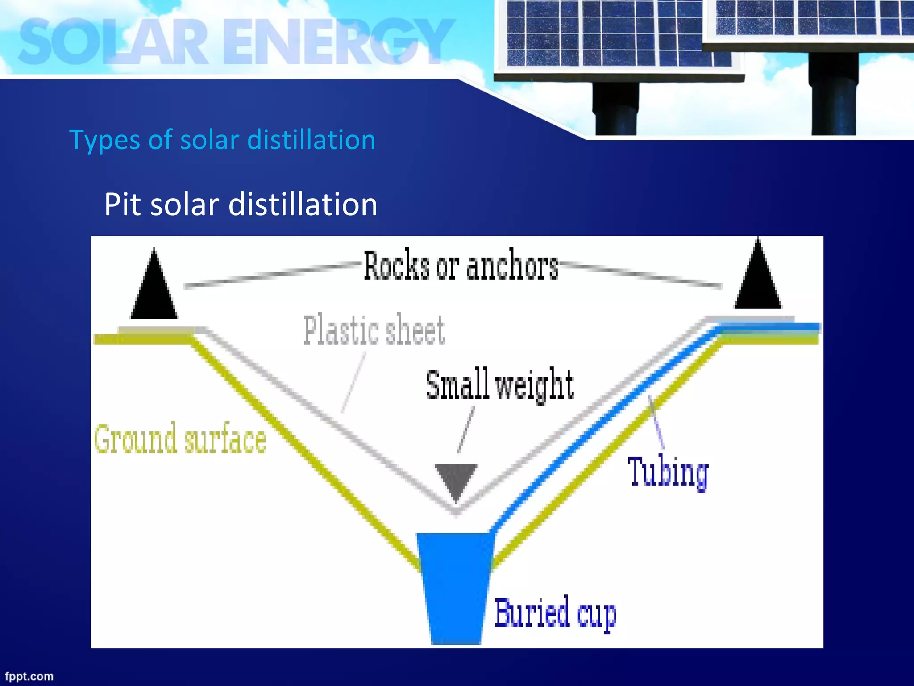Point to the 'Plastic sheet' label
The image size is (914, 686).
[374, 330]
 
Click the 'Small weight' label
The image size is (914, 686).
[500, 385]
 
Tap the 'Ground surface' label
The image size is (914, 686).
[180, 439]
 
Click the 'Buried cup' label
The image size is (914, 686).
[556, 614]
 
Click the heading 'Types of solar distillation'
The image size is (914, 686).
[222, 140]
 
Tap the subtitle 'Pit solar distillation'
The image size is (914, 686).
[241, 205]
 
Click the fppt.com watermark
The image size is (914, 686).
[29, 676]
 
